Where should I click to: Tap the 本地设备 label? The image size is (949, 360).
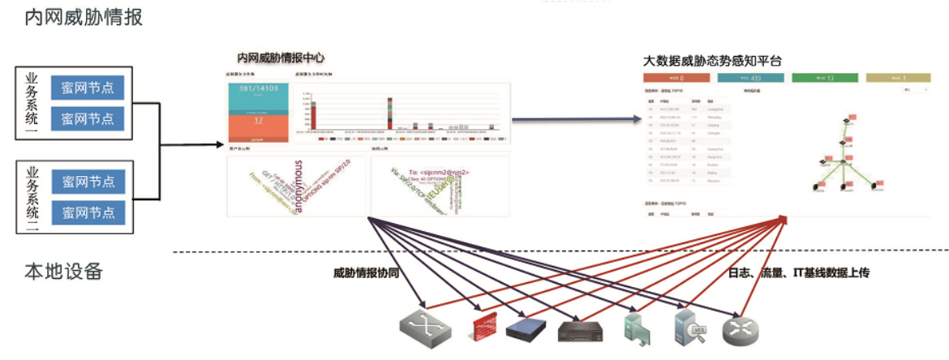coord(63,271)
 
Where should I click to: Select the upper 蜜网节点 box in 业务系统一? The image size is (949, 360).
coord(87,87)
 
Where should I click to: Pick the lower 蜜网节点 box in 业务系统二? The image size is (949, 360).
coord(87,212)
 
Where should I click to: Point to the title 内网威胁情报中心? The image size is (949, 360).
coord(281,58)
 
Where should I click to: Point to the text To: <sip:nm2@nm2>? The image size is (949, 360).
coord(438,171)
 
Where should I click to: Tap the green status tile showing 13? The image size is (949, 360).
coord(825,79)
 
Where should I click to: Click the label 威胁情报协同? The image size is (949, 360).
coord(366,273)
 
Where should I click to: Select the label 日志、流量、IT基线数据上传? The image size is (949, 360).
coord(799,273)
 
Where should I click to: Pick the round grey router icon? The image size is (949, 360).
coord(736,328)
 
